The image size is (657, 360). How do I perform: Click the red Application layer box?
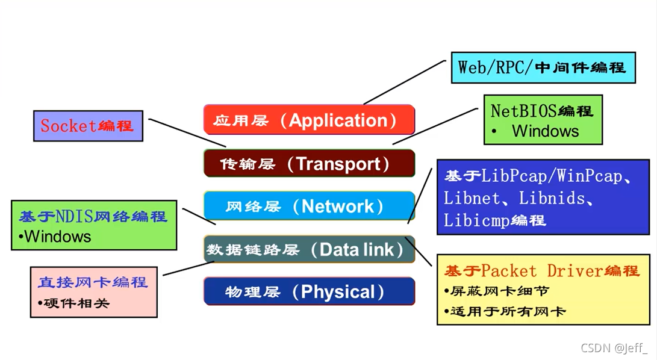coord(309,120)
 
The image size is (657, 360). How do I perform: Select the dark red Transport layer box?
coord(309,163)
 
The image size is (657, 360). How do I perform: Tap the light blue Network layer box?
coord(309,206)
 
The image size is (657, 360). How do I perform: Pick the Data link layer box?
coord(309,249)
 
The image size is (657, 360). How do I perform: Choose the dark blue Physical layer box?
coord(309,292)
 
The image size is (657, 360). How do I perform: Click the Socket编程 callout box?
coord(88,126)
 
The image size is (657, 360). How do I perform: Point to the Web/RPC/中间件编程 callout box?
coord(543,67)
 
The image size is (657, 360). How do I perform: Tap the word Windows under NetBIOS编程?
coord(545,131)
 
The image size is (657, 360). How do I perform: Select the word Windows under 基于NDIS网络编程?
coord(58,236)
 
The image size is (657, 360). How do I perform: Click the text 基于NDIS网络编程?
coord(93,217)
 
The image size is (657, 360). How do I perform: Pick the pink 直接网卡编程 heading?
coord(93,282)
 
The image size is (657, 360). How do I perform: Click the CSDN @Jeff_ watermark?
coord(614,347)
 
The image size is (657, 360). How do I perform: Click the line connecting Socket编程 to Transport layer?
coord(187,132)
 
